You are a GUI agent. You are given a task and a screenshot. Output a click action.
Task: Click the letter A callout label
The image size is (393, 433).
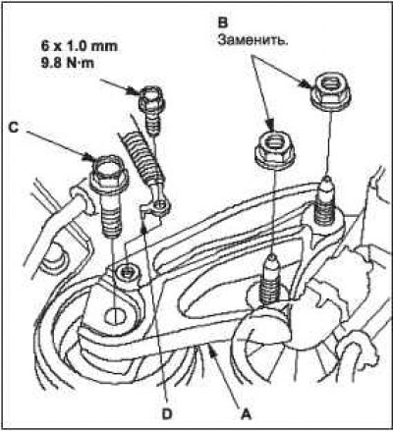pos(246,414)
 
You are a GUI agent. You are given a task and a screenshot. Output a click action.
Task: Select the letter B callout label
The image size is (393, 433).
pos(223,23)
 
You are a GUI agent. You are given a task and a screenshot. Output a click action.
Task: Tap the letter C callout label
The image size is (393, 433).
pos(13,128)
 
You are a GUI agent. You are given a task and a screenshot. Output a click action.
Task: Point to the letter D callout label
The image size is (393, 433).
pos(167,414)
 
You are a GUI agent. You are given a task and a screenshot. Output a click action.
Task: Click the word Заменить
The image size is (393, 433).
pos(253,40)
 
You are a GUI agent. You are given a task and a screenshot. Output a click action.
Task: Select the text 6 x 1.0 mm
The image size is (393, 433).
pos(79,46)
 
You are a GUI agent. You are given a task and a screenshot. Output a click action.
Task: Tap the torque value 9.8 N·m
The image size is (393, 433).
pos(68,62)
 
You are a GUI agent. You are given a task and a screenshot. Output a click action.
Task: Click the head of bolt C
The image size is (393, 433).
pos(109,175)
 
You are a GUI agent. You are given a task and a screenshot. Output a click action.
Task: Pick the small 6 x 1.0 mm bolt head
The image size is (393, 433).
pos(151,98)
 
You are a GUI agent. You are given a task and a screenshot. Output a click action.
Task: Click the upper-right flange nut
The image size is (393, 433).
pos(331,89)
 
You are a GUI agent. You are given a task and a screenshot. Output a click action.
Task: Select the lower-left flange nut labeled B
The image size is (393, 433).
pos(275,149)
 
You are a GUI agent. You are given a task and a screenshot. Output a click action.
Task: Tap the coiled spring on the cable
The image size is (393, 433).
pos(141,159)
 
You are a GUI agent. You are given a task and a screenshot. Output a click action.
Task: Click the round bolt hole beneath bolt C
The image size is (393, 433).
pos(115,316)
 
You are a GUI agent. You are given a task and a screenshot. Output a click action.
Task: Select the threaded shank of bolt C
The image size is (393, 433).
pos(111,214)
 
